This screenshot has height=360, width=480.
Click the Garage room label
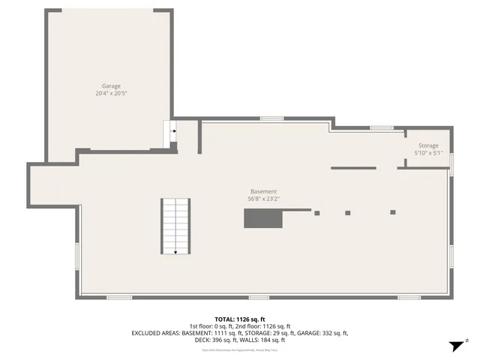[111, 86]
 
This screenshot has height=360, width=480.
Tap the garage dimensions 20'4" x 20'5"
[111, 94]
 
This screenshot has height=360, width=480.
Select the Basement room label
[263, 191]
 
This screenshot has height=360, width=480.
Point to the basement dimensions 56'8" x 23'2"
[263, 199]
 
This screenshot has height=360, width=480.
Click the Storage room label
[428, 145]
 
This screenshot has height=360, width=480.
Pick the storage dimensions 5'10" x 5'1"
[428, 153]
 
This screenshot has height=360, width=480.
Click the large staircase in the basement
[175, 226]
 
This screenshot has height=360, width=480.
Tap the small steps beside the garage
[170, 134]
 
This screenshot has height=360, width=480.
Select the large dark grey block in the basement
[262, 218]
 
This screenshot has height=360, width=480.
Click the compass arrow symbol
[454, 346]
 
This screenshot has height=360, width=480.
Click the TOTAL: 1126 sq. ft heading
[240, 319]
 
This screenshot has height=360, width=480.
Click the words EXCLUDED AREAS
[154, 332]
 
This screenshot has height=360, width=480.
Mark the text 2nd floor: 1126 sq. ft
[268, 325]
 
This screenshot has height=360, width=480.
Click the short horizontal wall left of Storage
[353, 168]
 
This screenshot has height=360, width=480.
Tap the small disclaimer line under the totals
[240, 349]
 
